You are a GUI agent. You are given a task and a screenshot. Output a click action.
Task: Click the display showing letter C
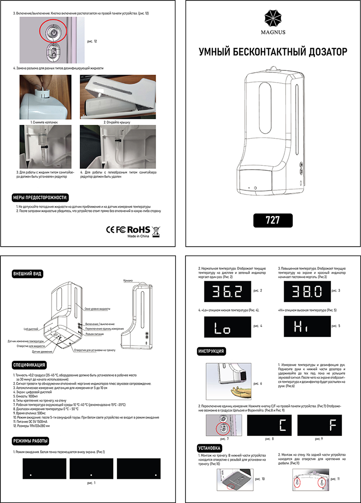[269, 426]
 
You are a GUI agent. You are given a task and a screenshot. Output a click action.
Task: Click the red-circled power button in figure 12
[53, 33]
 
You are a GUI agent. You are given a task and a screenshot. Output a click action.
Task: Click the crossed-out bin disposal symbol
[156, 231]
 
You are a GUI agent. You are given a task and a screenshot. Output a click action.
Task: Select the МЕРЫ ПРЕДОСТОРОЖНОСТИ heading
[41, 197]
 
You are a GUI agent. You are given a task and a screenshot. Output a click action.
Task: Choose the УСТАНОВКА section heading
[210, 448]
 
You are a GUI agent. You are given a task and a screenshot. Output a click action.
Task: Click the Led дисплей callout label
[32, 330]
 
